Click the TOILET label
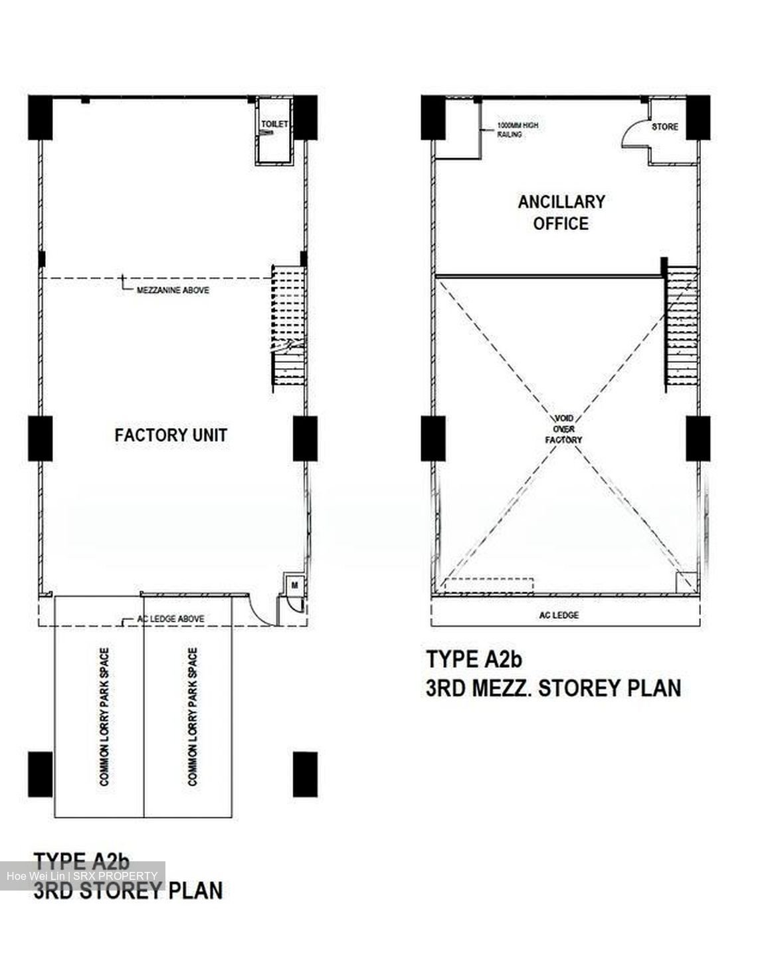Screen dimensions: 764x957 click(x=274, y=124)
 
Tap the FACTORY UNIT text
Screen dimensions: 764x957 click(x=171, y=435)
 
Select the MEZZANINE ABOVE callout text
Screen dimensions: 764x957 click(x=173, y=290)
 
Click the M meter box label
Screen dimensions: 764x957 click(x=294, y=585)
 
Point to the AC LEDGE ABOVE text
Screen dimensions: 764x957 click(x=171, y=619)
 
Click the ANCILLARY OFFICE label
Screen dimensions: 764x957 click(x=561, y=213)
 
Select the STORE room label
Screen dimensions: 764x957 click(x=665, y=127)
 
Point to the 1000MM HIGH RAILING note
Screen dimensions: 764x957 click(x=518, y=130)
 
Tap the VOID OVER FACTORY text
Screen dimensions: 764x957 click(x=563, y=429)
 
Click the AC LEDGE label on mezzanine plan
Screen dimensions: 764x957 click(x=559, y=615)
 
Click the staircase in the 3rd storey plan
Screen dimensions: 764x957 click(x=288, y=328)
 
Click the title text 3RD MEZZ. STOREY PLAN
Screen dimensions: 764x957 click(x=553, y=688)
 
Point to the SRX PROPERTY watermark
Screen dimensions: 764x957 click(x=115, y=876)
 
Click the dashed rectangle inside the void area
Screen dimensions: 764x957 click(x=489, y=586)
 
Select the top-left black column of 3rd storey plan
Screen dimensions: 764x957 click(x=40, y=118)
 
